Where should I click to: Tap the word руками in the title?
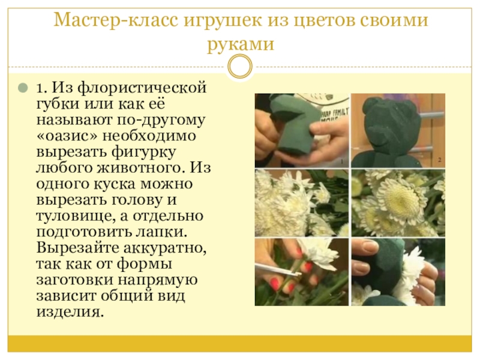click(x=241, y=44)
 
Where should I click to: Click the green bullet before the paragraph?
click(x=23, y=88)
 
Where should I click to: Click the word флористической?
click(x=142, y=88)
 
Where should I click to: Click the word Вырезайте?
click(x=77, y=248)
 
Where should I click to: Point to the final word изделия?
click(x=68, y=311)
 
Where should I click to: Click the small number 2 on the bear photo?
click(x=440, y=160)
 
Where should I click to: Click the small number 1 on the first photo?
click(x=342, y=161)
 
